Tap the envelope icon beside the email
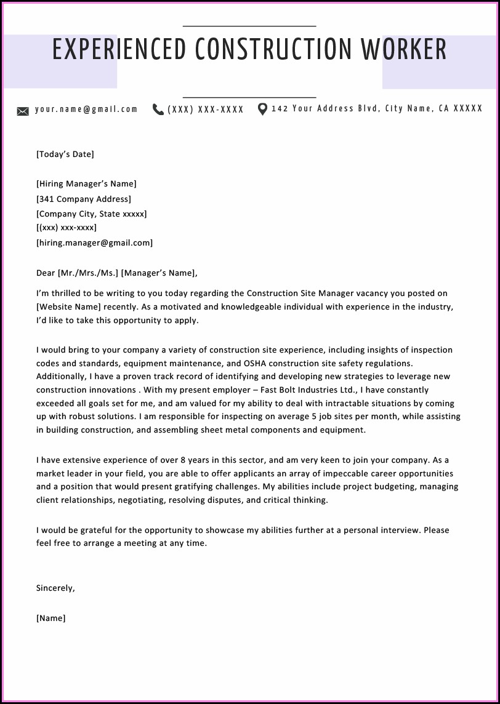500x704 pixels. coord(23,111)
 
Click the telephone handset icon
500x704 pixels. coord(158,110)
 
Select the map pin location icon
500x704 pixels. coord(262,110)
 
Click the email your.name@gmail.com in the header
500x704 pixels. coord(86,110)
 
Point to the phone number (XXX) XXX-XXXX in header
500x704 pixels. coord(206,110)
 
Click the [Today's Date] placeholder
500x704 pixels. coord(65,154)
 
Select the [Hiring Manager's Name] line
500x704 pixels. coord(86,184)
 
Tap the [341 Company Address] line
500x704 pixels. coord(84,199)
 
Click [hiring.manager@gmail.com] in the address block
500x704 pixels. coord(94,243)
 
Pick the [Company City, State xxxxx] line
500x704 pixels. coord(91,214)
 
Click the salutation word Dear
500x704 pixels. coord(46,273)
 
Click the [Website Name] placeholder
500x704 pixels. coord(68,306)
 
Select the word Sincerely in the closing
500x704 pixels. coord(55,588)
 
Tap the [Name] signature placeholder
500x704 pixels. coord(51,618)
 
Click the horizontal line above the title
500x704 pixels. coord(249,26)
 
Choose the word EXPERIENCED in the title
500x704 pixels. coord(119,50)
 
